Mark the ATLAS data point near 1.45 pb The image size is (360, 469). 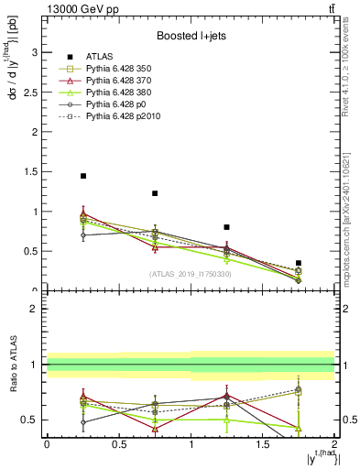point(83,176)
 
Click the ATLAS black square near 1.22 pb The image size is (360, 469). point(155,193)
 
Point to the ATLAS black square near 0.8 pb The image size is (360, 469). point(227,227)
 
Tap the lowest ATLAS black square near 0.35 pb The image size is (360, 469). point(299,263)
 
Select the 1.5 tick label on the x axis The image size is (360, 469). point(263,443)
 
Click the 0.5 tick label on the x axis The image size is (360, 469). point(119,443)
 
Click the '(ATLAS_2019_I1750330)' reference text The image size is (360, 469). point(190,274)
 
